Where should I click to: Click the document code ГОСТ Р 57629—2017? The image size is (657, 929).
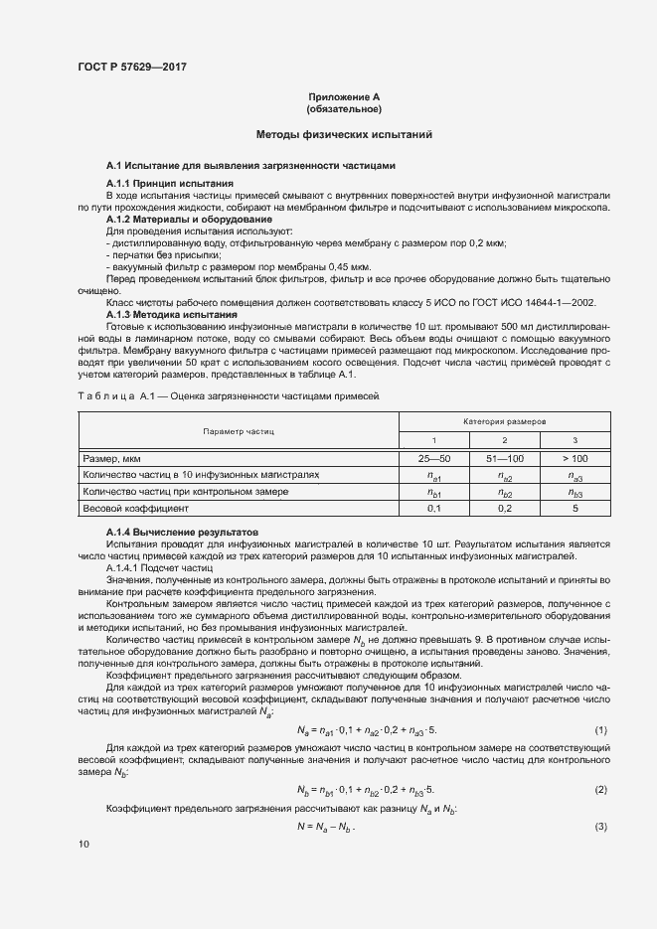coord(132,67)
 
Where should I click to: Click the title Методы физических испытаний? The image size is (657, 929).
coord(343,134)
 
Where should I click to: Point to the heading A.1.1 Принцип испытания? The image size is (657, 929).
coord(170,184)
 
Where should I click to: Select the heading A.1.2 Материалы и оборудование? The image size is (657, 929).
coord(188,219)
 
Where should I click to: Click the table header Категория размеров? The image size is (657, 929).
coord(505,422)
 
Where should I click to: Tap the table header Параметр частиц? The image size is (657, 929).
coord(239,432)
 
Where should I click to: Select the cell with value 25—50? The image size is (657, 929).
coord(433,459)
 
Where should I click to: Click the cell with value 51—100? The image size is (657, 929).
coord(505,459)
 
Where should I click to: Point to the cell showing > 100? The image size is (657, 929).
coord(575,459)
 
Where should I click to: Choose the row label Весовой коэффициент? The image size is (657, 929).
coord(134,508)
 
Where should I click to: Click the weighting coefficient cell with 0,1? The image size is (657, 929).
coord(433,508)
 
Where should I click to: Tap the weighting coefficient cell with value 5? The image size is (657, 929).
coord(575,508)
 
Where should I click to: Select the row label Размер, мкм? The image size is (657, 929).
coord(111,459)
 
